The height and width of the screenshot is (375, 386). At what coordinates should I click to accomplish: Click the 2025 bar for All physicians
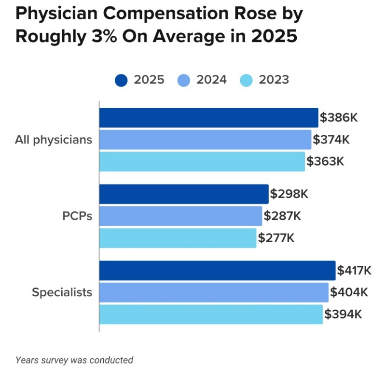[x=208, y=117]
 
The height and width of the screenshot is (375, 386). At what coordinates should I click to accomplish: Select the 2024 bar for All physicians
[x=205, y=140]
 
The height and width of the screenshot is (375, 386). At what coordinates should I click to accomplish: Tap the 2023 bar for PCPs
[x=178, y=238]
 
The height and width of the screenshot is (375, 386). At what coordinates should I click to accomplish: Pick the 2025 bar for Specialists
[x=217, y=271]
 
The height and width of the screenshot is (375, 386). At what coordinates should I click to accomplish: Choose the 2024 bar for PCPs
[x=180, y=216]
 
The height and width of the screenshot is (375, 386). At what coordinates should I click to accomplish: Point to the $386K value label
[x=339, y=117]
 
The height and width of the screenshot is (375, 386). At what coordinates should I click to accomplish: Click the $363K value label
[x=325, y=161]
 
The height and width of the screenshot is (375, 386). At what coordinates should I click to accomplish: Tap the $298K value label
[x=289, y=194]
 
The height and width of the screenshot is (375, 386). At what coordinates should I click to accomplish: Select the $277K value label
[x=276, y=238]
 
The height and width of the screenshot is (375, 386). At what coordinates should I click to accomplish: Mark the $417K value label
[x=355, y=271]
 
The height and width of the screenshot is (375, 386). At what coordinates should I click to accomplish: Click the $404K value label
[x=349, y=292]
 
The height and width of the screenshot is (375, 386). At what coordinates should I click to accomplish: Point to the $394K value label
[x=343, y=314]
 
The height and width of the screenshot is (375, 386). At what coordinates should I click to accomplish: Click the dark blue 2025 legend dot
[x=121, y=80]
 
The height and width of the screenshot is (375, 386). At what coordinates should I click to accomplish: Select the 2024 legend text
[x=211, y=80]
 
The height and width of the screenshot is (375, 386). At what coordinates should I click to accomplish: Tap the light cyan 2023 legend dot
[x=246, y=80]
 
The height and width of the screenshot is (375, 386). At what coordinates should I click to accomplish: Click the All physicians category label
[x=53, y=140]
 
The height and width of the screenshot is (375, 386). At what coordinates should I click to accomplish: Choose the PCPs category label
[x=77, y=216]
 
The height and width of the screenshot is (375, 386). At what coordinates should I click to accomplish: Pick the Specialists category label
[x=62, y=292]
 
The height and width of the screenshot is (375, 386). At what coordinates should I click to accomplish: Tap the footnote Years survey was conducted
[x=74, y=360]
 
